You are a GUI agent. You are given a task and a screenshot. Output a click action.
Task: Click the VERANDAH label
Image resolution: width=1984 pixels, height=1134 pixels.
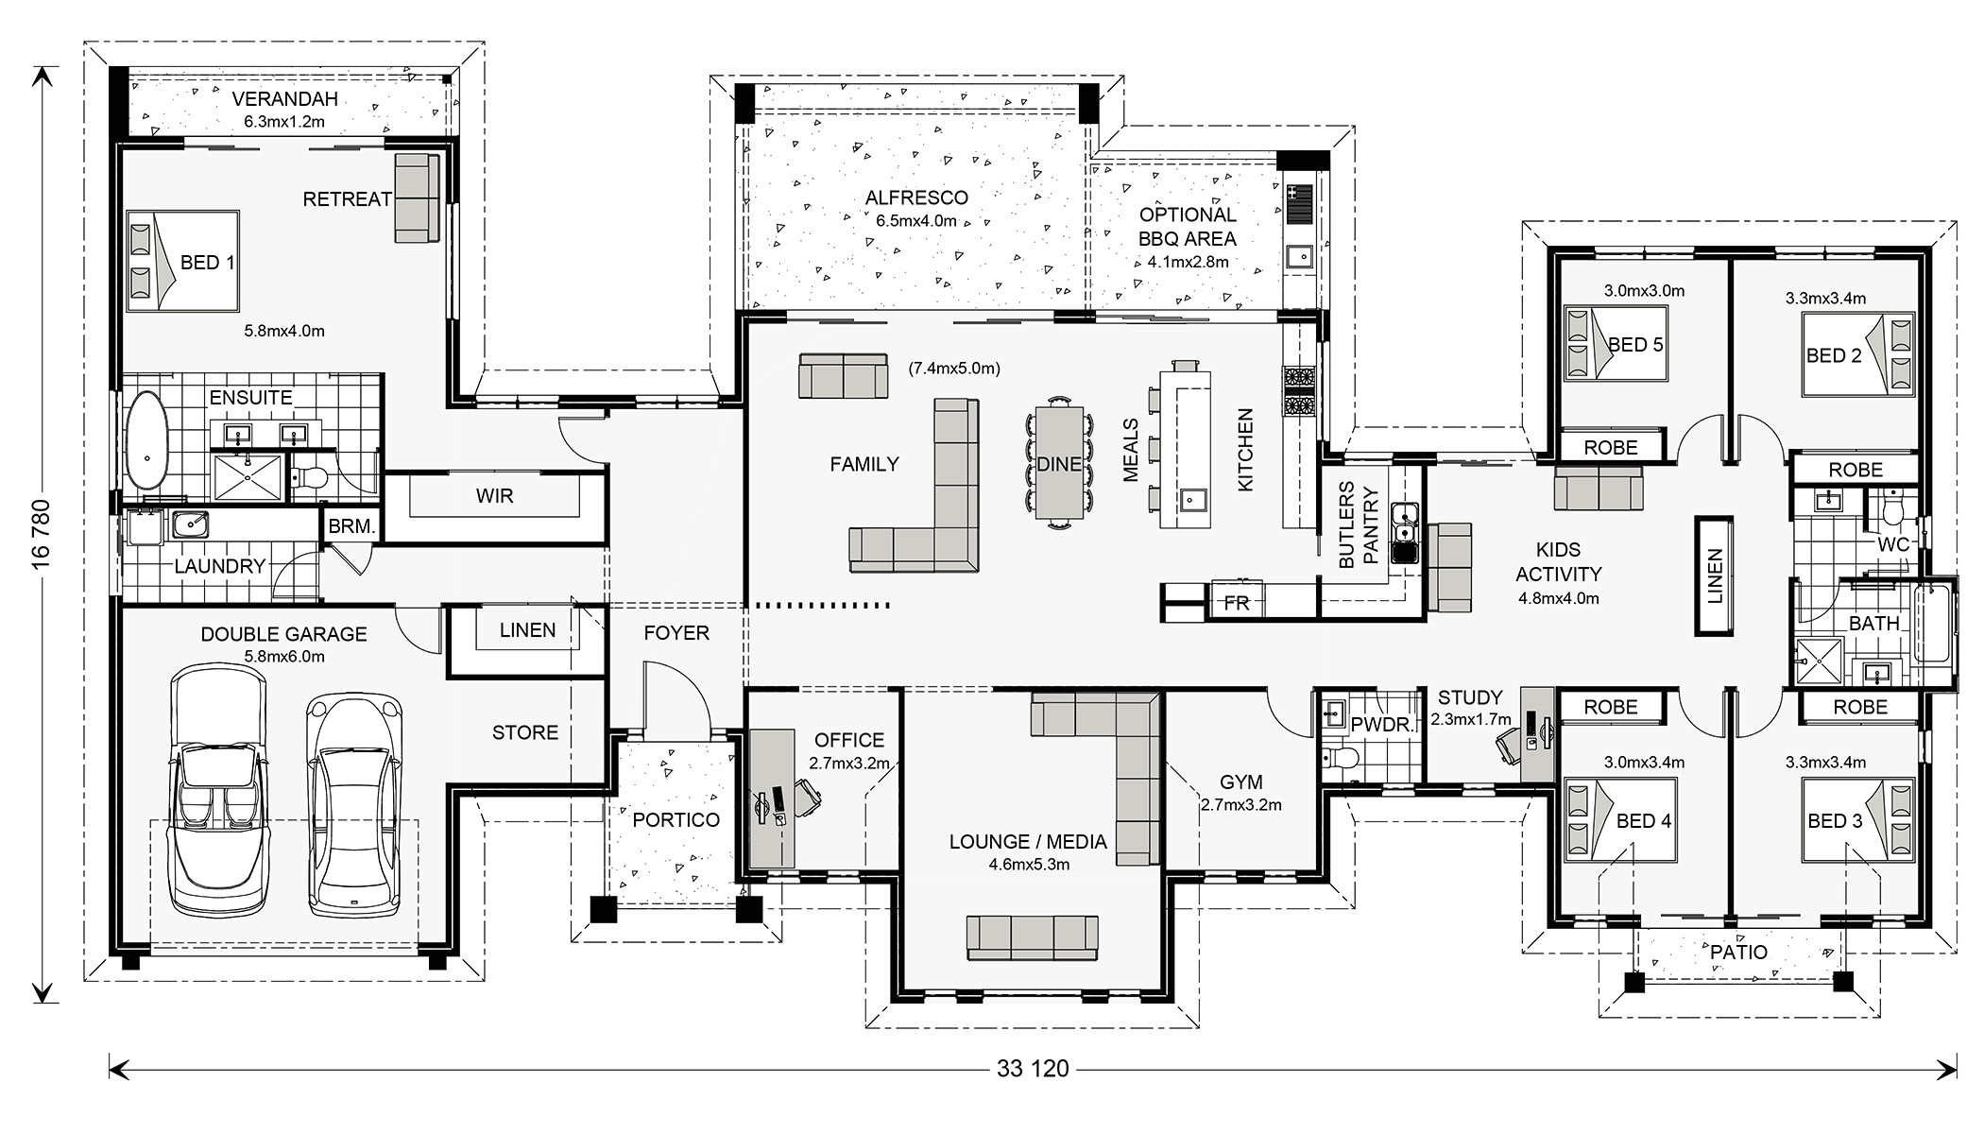tap(284, 99)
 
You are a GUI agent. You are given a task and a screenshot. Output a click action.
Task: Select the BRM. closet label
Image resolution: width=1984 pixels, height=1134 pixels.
tap(351, 526)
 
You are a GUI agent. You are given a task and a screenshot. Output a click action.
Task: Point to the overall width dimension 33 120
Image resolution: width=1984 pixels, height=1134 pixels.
tap(1032, 1069)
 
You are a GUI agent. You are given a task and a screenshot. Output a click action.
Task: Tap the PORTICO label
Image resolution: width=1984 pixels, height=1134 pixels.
tap(676, 819)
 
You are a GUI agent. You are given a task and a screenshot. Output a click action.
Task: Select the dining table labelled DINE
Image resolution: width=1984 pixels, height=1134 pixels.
tap(1058, 463)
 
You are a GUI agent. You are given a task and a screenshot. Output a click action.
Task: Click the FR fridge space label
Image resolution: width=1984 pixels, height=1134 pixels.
tap(1237, 602)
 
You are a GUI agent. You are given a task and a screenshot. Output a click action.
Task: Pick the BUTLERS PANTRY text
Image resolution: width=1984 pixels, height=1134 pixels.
tap(1359, 525)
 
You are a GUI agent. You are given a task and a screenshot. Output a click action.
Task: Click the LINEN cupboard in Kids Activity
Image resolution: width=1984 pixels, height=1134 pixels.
tap(1714, 576)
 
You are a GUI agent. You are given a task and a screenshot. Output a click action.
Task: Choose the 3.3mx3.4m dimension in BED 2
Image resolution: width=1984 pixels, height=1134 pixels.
tap(1825, 299)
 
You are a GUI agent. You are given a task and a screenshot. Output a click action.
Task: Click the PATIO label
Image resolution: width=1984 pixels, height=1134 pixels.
tap(1738, 952)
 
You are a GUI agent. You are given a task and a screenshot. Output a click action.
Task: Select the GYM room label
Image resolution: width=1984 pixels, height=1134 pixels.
tap(1240, 782)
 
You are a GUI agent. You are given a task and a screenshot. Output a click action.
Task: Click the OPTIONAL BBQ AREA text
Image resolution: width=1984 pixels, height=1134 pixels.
tap(1188, 227)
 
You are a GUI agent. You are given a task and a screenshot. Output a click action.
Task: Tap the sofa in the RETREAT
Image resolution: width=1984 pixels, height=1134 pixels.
tap(417, 198)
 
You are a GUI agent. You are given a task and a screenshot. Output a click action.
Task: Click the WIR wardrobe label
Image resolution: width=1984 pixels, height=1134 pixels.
tap(494, 496)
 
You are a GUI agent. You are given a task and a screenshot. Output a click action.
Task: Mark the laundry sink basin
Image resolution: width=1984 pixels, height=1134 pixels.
tap(190, 523)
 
